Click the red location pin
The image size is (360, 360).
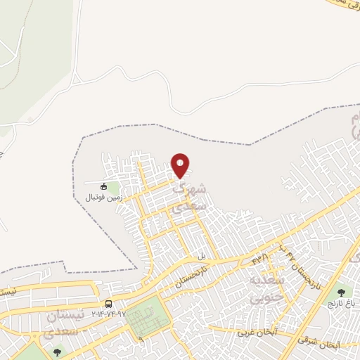point(181,165)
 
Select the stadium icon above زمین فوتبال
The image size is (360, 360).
point(104,186)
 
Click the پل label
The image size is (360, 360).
point(201,256)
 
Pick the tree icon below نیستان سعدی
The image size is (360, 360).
point(57,352)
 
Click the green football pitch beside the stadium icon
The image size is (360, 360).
point(114,188)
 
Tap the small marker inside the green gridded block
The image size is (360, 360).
point(141,338)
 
